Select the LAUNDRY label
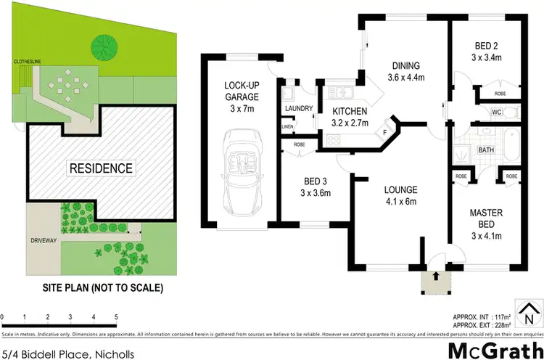point(299,110)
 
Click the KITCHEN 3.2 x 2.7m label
point(350,117)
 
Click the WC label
point(497,112)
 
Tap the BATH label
point(485,150)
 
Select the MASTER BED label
point(487,224)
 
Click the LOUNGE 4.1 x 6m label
point(400,196)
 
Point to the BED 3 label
point(312,187)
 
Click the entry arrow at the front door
point(436,276)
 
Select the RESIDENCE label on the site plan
point(101,168)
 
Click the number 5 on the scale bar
point(116,317)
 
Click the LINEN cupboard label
point(288,128)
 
